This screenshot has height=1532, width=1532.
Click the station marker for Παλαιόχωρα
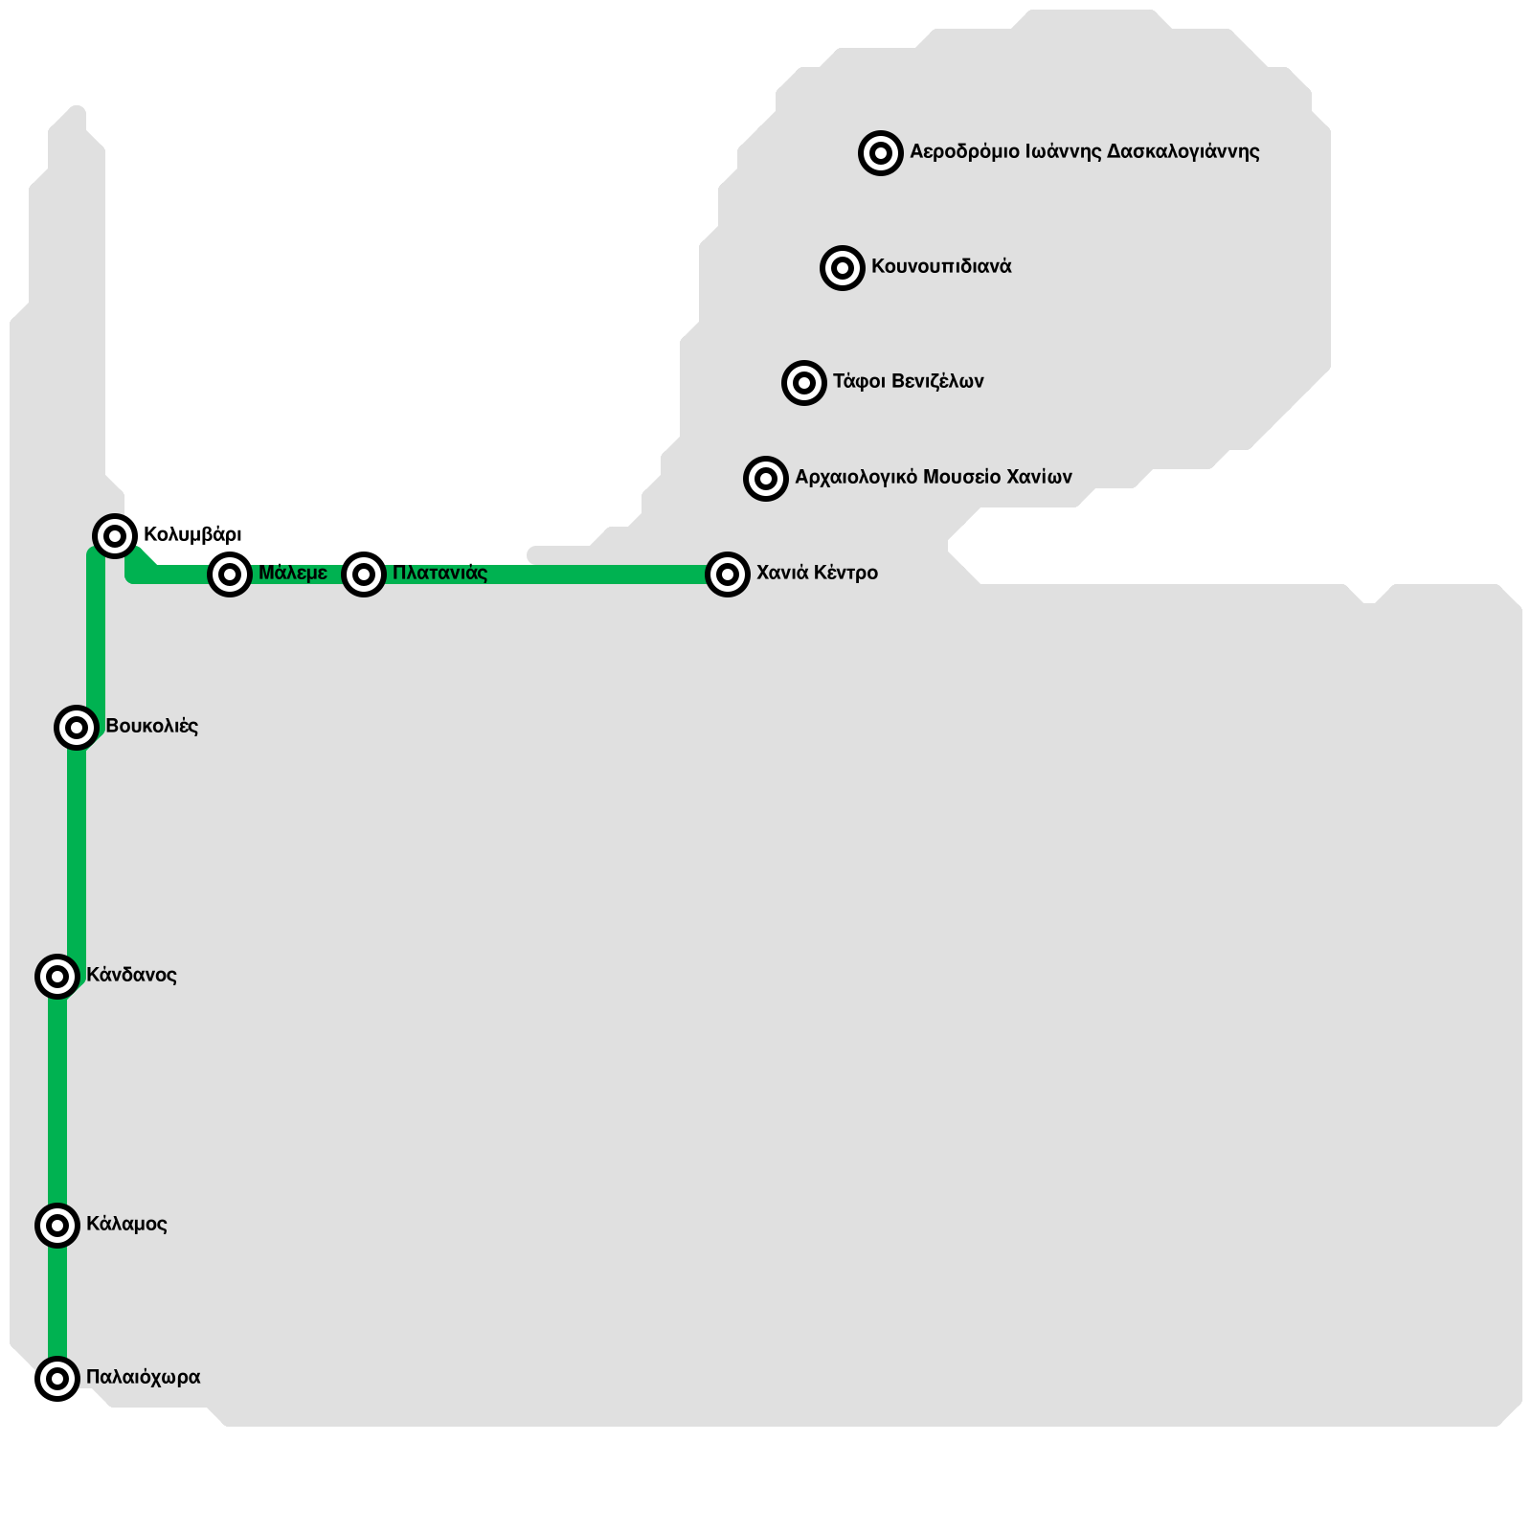tap(57, 1379)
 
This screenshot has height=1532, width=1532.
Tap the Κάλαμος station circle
tap(57, 1226)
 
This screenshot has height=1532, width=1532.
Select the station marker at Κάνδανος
tap(57, 977)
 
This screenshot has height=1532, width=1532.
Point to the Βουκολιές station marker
tap(77, 728)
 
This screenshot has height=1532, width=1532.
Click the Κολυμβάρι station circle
tap(115, 535)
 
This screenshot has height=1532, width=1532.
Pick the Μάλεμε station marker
tap(230, 574)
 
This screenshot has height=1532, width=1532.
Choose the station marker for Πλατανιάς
tap(364, 574)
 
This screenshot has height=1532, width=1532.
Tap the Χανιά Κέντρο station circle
tap(728, 574)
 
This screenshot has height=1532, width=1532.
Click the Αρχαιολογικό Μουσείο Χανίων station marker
tap(766, 478)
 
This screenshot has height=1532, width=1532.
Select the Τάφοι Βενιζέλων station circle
tap(804, 383)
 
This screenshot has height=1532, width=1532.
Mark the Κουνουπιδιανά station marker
tap(843, 268)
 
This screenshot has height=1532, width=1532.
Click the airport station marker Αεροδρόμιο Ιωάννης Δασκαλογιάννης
tap(881, 153)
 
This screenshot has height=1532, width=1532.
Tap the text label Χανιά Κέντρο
tap(817, 574)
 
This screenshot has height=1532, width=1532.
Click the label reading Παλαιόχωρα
tap(143, 1377)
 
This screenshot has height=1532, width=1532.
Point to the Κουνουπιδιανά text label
tap(941, 267)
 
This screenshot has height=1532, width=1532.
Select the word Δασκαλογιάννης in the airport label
tap(1183, 152)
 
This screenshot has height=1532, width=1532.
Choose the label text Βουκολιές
tap(151, 726)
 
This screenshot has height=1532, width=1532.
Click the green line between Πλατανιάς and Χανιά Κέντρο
tap(546, 574)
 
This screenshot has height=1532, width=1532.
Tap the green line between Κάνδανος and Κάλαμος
tap(57, 1101)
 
